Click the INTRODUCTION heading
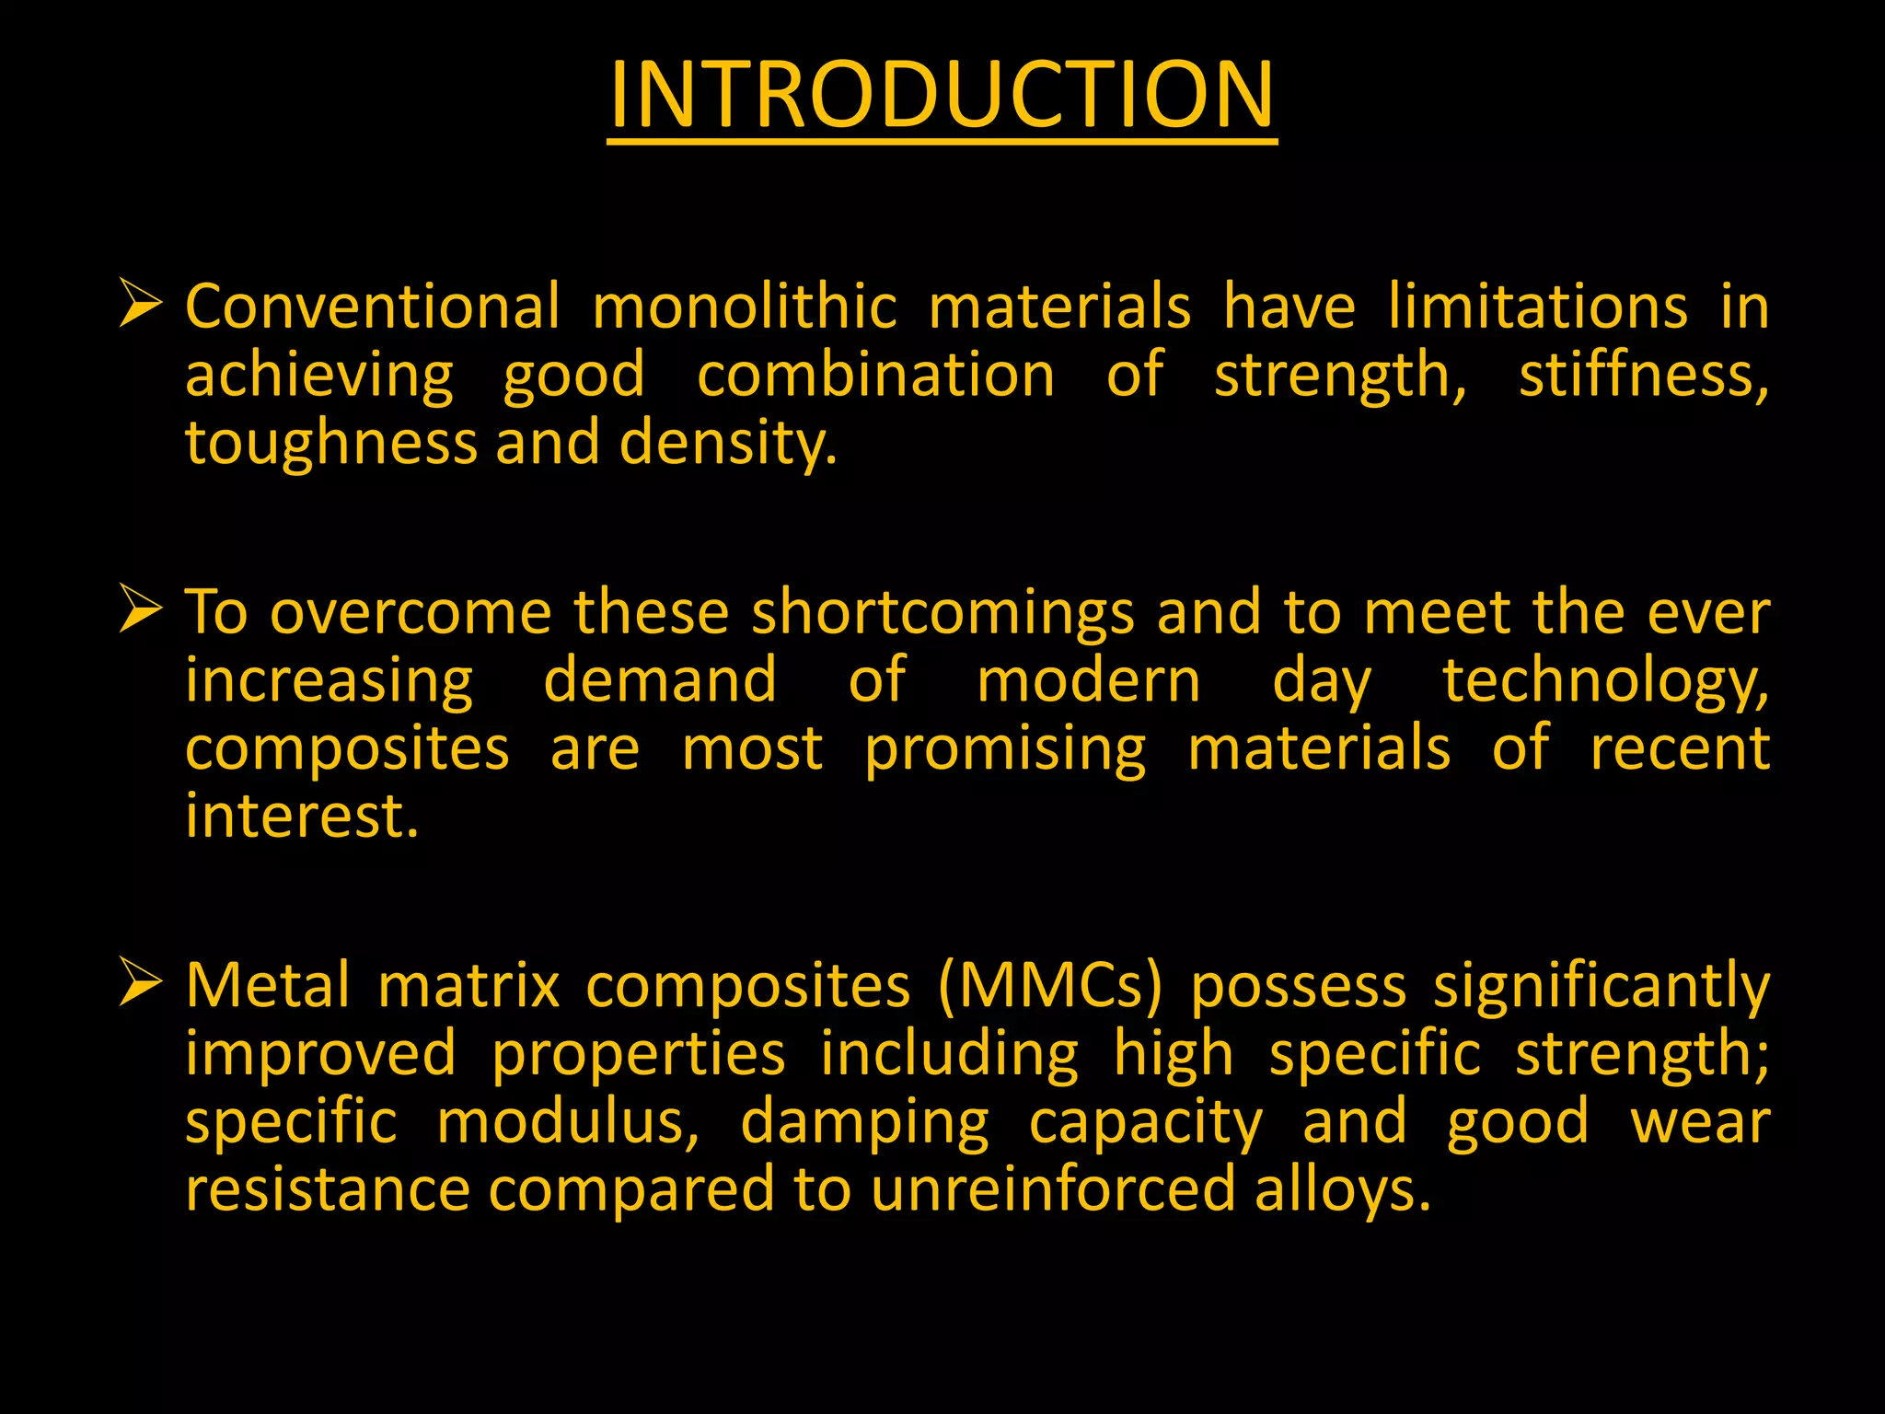point(942,95)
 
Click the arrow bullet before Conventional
point(140,305)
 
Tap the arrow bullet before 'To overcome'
point(140,610)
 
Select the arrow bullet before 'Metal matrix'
point(140,982)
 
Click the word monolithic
point(744,307)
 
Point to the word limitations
point(1537,307)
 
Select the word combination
point(875,375)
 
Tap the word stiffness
point(1642,377)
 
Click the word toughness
point(330,444)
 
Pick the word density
point(727,444)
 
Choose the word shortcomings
point(942,614)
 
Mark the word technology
point(1604,682)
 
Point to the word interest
point(301,817)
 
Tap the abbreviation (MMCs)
point(1050,986)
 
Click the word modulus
point(567,1122)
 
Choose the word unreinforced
point(1052,1188)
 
